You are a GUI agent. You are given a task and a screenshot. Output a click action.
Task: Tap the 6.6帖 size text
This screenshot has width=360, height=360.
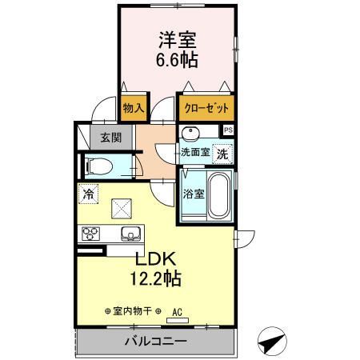click(x=177, y=60)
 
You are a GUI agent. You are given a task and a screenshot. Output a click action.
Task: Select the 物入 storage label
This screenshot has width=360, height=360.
click(x=132, y=107)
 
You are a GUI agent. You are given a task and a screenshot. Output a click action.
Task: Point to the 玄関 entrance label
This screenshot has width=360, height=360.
click(x=110, y=137)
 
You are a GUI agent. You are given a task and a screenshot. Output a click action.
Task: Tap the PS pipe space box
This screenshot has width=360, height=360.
click(x=228, y=130)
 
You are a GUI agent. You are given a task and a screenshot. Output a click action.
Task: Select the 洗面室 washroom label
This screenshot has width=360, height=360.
click(x=194, y=151)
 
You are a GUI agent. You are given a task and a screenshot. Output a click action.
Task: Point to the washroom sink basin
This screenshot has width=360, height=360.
click(x=192, y=134)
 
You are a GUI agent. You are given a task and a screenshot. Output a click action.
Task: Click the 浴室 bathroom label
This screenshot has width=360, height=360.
click(x=193, y=193)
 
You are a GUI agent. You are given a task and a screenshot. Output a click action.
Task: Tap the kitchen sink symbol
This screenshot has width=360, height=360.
click(x=130, y=234)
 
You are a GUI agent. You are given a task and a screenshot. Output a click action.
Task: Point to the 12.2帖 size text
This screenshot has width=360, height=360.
click(x=156, y=279)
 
